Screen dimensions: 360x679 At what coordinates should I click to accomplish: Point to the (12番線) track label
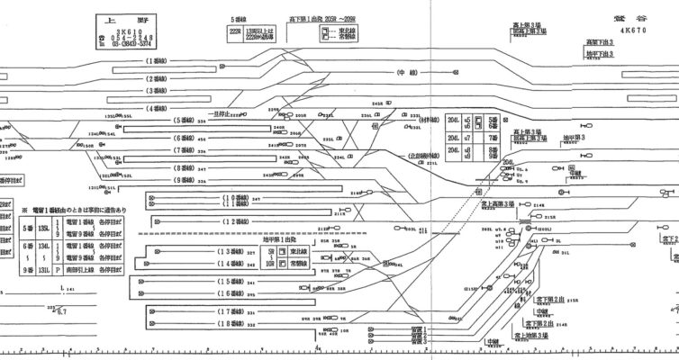click(x=237, y=220)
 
